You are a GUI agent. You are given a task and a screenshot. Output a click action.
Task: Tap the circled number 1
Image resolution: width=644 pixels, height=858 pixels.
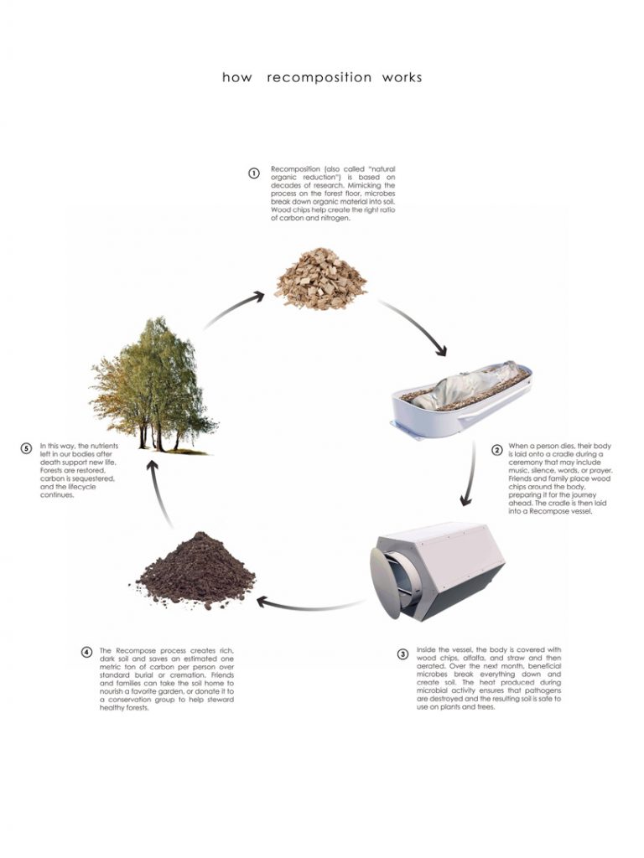pos(253,174)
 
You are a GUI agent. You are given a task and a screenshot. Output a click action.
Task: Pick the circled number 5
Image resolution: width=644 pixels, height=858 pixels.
pos(26,449)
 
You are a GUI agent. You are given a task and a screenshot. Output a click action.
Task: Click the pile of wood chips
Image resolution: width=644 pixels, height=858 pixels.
pos(320,276)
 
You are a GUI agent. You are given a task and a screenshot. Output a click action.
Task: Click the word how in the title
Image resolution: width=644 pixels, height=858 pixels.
pos(236,78)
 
